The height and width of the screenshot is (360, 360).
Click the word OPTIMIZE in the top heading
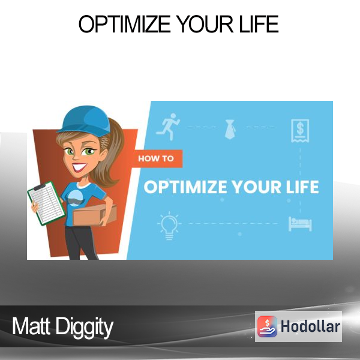click(x=124, y=24)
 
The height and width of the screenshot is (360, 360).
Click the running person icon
click(x=168, y=127)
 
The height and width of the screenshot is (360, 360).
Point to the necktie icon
click(x=230, y=129)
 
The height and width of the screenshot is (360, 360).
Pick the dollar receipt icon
click(x=300, y=131)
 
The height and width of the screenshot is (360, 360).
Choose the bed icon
click(x=300, y=223)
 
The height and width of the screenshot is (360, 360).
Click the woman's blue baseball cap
click(x=85, y=121)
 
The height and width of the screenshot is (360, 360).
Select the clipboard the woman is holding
click(x=47, y=203)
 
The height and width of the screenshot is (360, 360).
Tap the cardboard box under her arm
click(x=95, y=215)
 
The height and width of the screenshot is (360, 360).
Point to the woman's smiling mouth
click(x=79, y=167)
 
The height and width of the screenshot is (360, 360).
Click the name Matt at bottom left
click(x=31, y=326)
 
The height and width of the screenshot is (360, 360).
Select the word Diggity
click(x=85, y=327)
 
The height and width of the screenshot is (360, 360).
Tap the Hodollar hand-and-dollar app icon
click(x=267, y=326)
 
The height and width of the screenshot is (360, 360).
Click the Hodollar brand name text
click(x=310, y=326)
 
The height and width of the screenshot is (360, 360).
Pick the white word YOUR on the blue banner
click(x=256, y=187)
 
